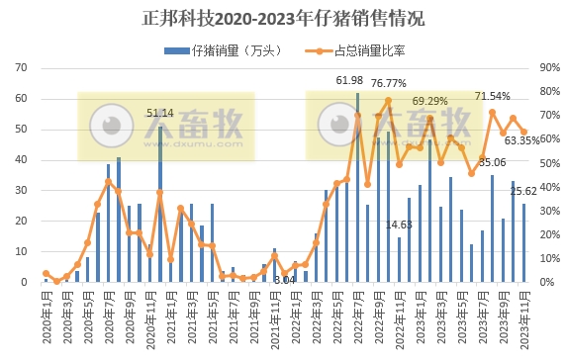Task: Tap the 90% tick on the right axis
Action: click(x=550, y=68)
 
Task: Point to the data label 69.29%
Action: click(x=430, y=101)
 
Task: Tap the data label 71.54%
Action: click(x=493, y=96)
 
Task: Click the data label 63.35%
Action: click(x=523, y=140)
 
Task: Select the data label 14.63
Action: click(x=400, y=225)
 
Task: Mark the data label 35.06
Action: click(x=492, y=162)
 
